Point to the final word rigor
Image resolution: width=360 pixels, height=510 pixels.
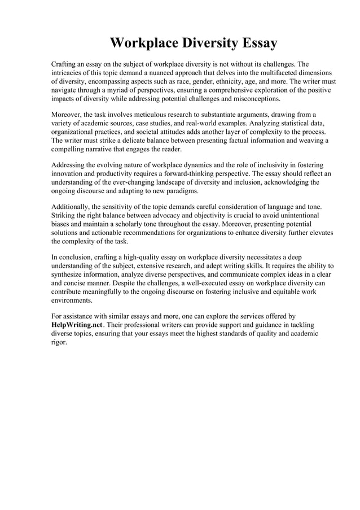[59, 343]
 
